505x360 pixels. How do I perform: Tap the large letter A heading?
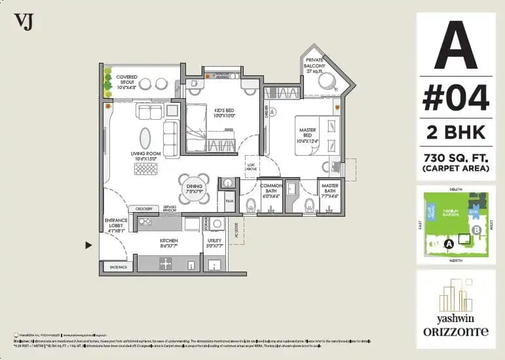click(455, 46)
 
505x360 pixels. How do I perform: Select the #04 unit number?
click(455, 99)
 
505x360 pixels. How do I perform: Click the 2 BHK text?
click(455, 132)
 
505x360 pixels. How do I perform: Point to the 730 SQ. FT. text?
click(455, 157)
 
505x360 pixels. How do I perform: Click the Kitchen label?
click(169, 243)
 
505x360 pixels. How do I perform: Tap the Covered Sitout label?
click(126, 81)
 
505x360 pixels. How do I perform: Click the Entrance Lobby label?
click(115, 225)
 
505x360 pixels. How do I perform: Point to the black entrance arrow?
click(88, 245)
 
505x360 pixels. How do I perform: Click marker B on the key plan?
click(477, 230)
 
